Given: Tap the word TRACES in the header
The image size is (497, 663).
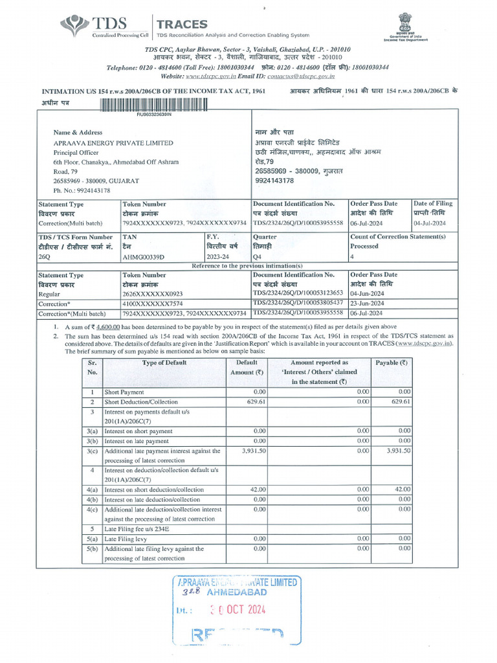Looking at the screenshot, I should pos(182,23).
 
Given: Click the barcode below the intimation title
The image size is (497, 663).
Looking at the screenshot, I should pos(153,104).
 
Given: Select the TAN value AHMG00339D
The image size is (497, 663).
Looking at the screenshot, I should pos(144,256).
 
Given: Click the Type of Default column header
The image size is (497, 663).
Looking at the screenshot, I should pos(164,363).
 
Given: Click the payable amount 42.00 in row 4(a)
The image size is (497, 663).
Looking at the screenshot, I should pos(402,489).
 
